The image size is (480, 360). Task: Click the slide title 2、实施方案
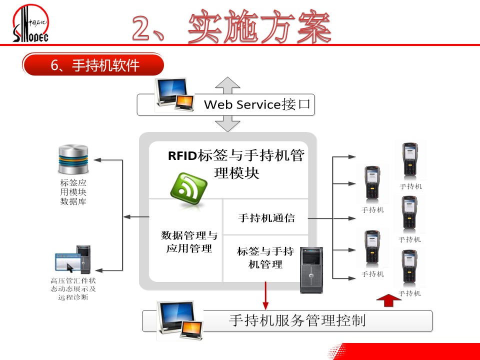(x=232, y=27)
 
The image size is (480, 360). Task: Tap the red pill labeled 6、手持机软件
(x=93, y=65)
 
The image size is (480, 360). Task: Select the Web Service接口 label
(x=257, y=104)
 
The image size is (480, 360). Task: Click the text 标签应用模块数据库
(x=73, y=192)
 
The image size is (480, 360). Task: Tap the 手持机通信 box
(x=266, y=218)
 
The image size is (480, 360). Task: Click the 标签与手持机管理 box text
(x=265, y=257)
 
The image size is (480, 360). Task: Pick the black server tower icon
(x=311, y=270)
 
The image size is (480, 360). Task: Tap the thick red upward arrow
(x=388, y=300)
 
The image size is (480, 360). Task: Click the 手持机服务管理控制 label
(x=297, y=320)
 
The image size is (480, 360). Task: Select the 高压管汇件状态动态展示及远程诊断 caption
(x=73, y=289)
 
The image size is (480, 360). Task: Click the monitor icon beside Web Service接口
(x=173, y=95)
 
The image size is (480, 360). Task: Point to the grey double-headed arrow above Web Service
(x=228, y=86)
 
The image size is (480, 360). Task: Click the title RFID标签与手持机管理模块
(x=236, y=164)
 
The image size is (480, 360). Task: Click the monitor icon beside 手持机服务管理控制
(x=179, y=321)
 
